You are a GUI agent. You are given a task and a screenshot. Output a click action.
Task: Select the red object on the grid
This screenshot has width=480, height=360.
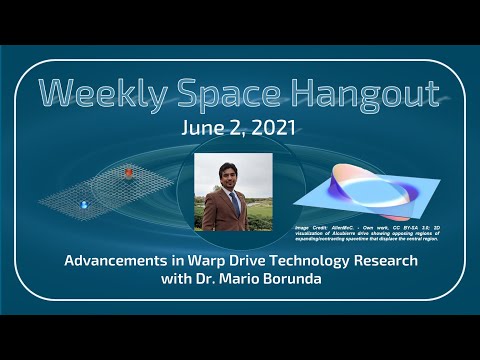point(128,173)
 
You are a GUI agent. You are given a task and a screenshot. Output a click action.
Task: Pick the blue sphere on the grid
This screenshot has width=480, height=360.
point(83,204)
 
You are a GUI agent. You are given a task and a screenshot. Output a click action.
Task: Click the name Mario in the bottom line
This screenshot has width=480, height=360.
point(245,279)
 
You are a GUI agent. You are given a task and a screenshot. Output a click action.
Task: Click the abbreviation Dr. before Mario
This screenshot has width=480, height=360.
point(211,279)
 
